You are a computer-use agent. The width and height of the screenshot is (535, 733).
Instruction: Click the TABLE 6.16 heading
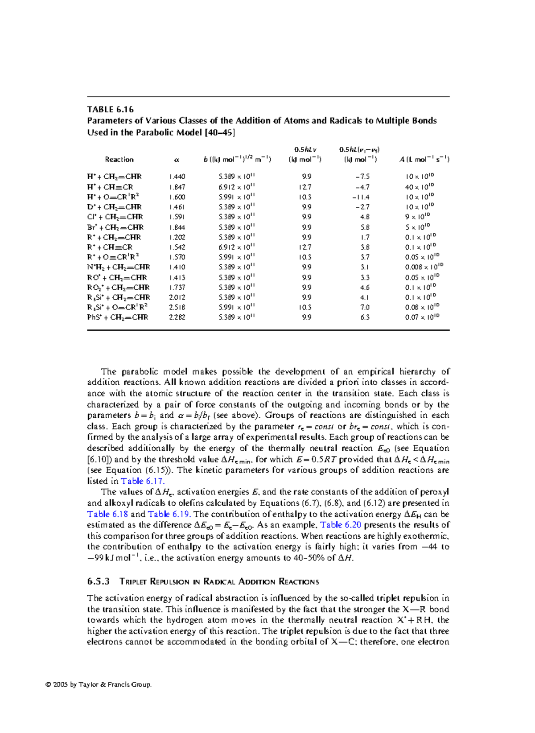(111, 109)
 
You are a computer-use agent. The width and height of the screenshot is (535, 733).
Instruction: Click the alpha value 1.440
(177, 177)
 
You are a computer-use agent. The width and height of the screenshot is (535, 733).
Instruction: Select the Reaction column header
(119, 159)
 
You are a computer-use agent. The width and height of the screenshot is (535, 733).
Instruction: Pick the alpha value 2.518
(177, 307)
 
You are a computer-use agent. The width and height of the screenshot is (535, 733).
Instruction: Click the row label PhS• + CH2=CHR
(117, 317)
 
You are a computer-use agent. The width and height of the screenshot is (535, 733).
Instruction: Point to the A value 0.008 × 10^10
(424, 267)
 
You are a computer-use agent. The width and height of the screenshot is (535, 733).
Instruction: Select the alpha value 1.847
(177, 187)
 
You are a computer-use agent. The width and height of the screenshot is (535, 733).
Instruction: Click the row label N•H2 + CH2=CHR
(119, 267)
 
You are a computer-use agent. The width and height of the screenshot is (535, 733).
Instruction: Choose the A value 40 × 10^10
(420, 187)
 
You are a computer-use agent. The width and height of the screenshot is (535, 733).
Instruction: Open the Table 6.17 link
(143, 481)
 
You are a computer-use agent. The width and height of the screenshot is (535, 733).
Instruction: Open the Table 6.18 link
(107, 514)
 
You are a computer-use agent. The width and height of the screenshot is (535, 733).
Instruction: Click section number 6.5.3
(99, 581)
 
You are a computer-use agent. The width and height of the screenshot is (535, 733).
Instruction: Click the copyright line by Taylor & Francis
(99, 684)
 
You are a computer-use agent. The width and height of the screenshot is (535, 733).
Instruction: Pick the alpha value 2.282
(177, 317)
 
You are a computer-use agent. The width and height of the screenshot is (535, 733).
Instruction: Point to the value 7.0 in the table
(365, 307)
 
